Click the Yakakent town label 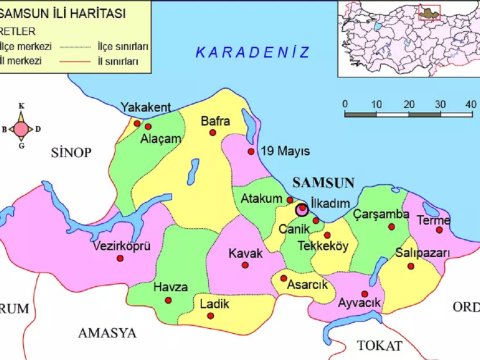[x=146, y=107]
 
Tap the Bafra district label [x=216, y=121]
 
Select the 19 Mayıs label [x=280, y=151]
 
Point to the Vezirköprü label [x=121, y=245]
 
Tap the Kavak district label [x=245, y=253]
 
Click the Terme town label [x=433, y=220]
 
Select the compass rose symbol [x=21, y=129]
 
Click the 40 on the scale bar [x=470, y=104]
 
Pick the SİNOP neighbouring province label [x=70, y=151]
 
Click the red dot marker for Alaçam [x=148, y=127]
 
